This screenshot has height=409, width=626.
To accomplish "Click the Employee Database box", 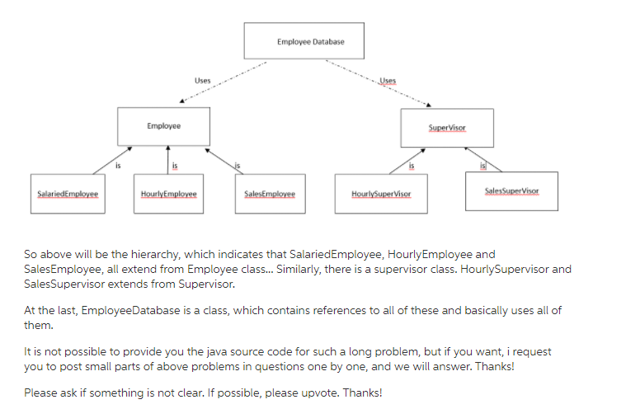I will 304,40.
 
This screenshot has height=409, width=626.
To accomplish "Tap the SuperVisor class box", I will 447,128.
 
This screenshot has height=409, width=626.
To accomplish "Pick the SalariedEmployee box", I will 68,194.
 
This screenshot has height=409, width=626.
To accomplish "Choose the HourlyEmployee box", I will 168,194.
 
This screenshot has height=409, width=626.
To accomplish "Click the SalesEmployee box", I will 269,194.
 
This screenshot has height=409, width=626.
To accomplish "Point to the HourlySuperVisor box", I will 381,194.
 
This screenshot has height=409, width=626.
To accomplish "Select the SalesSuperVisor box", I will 511,190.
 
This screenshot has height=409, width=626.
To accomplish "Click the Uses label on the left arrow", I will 202,80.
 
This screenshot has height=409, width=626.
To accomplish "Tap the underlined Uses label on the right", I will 388,81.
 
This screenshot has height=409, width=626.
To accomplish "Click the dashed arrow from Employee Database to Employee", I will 223,82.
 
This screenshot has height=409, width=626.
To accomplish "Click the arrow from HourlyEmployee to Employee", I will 168,160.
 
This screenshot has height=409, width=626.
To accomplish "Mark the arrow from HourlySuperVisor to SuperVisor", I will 405,162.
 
